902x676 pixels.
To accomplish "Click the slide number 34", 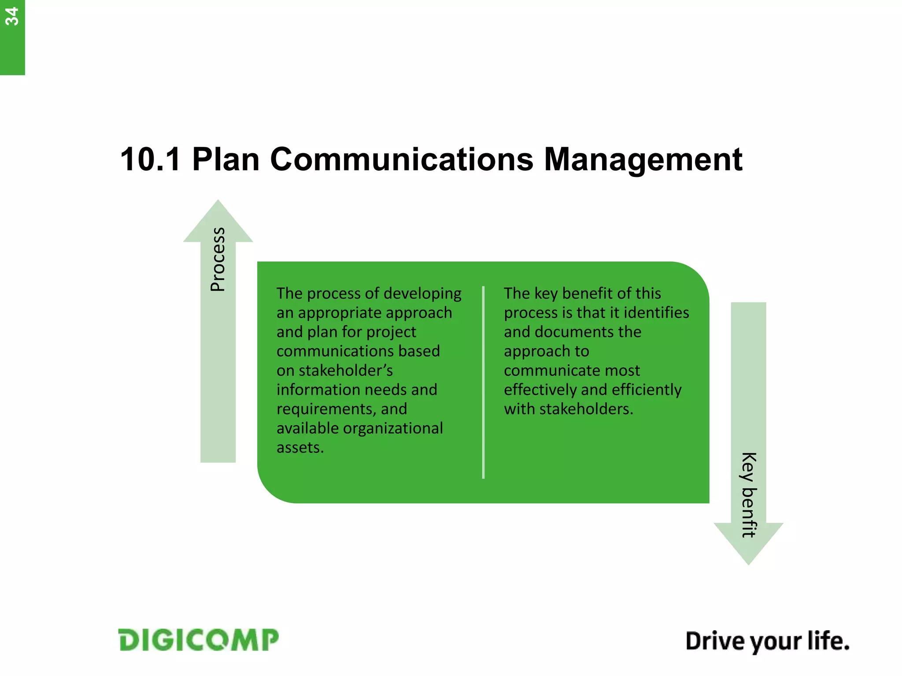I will (x=11, y=17).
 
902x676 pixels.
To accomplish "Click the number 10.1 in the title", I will (x=150, y=159).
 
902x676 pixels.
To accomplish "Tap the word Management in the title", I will (x=643, y=159).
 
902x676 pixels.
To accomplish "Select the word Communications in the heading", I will (x=401, y=159).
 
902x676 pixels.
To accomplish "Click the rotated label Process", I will (x=218, y=259).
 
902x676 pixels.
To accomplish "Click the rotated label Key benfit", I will (x=748, y=495).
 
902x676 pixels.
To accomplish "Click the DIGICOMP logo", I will (x=199, y=640).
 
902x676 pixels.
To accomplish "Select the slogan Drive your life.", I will (x=767, y=641).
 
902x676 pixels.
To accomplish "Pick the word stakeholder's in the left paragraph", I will (x=346, y=371).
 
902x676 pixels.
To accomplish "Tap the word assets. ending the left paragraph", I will (x=300, y=448).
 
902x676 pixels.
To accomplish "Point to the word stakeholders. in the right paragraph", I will (x=586, y=409).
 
